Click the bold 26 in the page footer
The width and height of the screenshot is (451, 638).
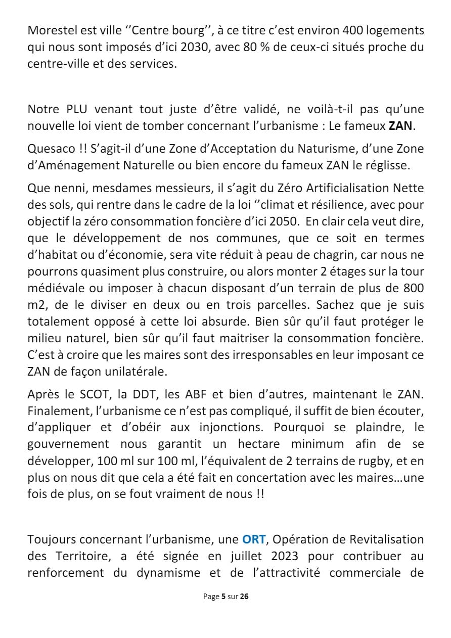point(244,597)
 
